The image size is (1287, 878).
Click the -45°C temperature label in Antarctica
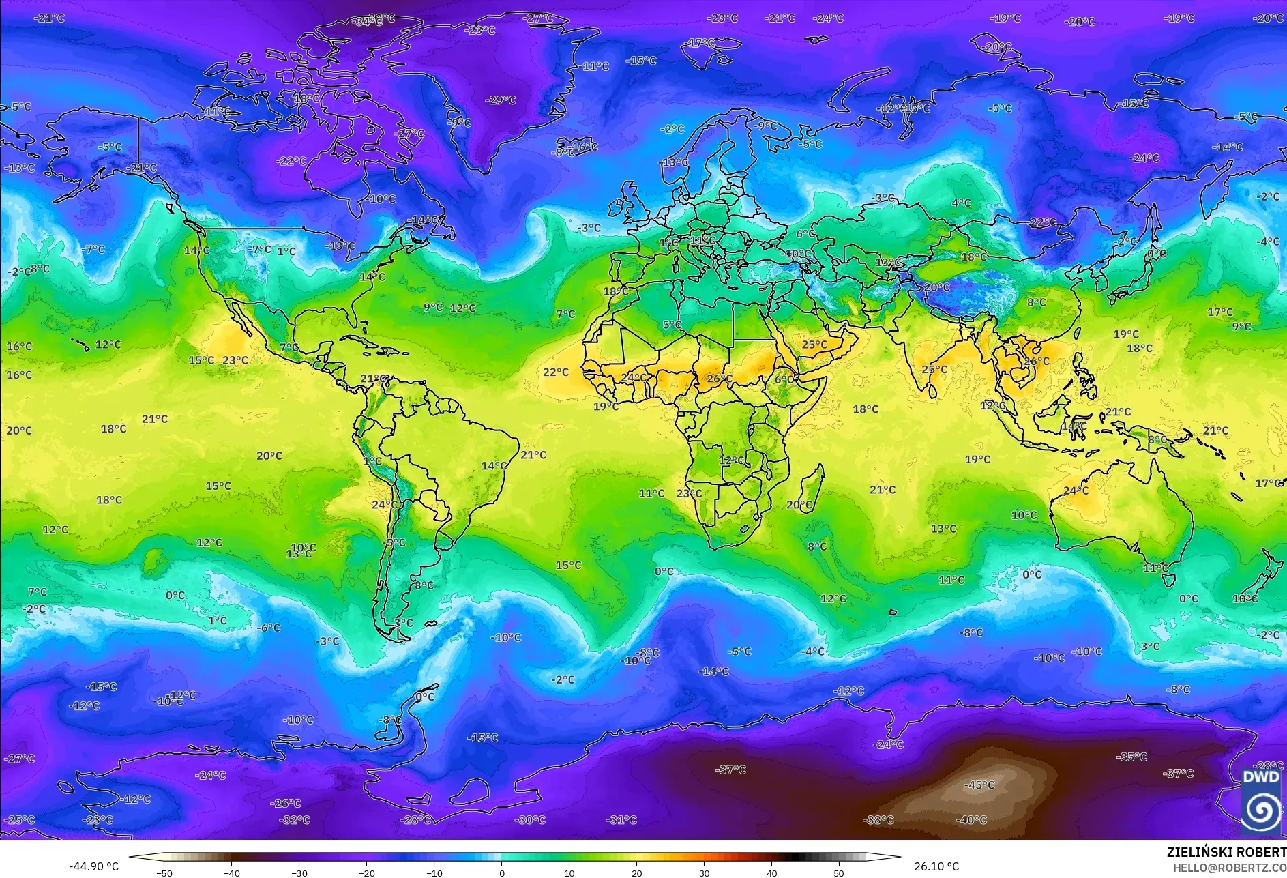point(979,785)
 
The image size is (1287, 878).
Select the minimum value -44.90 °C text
point(93,866)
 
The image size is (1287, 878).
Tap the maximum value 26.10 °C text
point(936,866)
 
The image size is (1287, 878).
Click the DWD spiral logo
point(1260,809)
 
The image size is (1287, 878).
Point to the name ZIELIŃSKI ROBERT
point(1226,852)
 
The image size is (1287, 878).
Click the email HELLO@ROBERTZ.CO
point(1229,868)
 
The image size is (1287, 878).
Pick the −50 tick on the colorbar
point(164,873)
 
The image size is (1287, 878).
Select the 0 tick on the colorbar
point(502,873)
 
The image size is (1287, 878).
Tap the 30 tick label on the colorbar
point(705,873)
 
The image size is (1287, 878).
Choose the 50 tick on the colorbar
point(839,873)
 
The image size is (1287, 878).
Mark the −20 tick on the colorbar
point(367,873)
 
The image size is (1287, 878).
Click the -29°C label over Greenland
point(501,100)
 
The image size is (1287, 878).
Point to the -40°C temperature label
point(971,820)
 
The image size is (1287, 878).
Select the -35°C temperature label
point(1131,757)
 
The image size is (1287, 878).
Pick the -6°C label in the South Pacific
point(269,628)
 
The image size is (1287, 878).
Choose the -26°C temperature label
point(285,803)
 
